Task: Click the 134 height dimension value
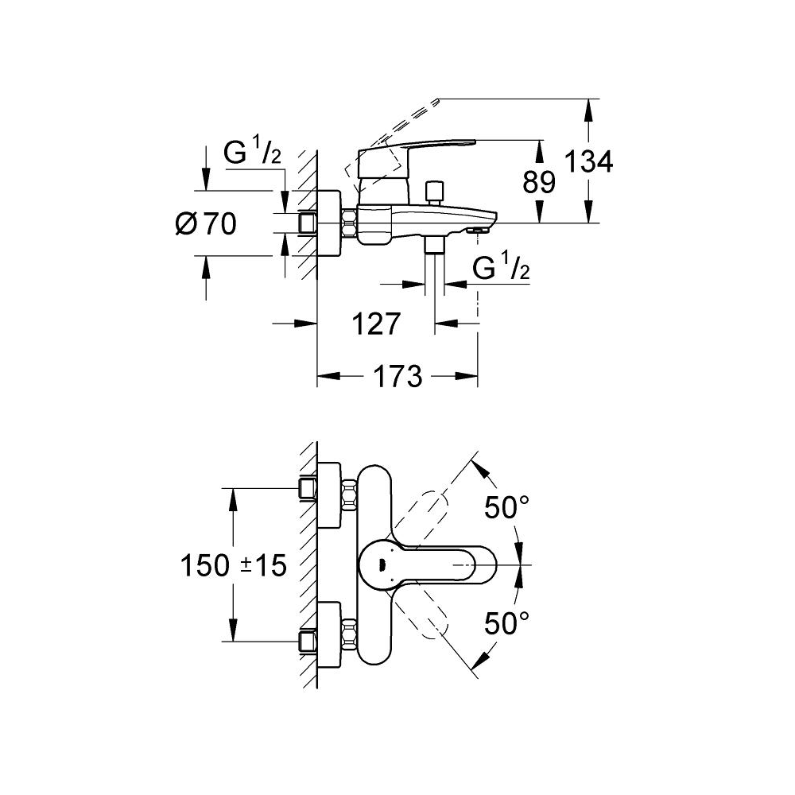pyautogui.click(x=589, y=162)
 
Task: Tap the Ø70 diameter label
pyautogui.click(x=206, y=225)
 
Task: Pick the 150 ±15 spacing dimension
pyautogui.click(x=232, y=565)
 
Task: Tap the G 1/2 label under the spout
pyautogui.click(x=502, y=270)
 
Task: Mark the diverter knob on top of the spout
pyautogui.click(x=434, y=192)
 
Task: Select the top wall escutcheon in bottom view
pyautogui.click(x=330, y=495)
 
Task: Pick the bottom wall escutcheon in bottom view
pyautogui.click(x=330, y=634)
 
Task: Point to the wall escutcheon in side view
pyautogui.click(x=329, y=223)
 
